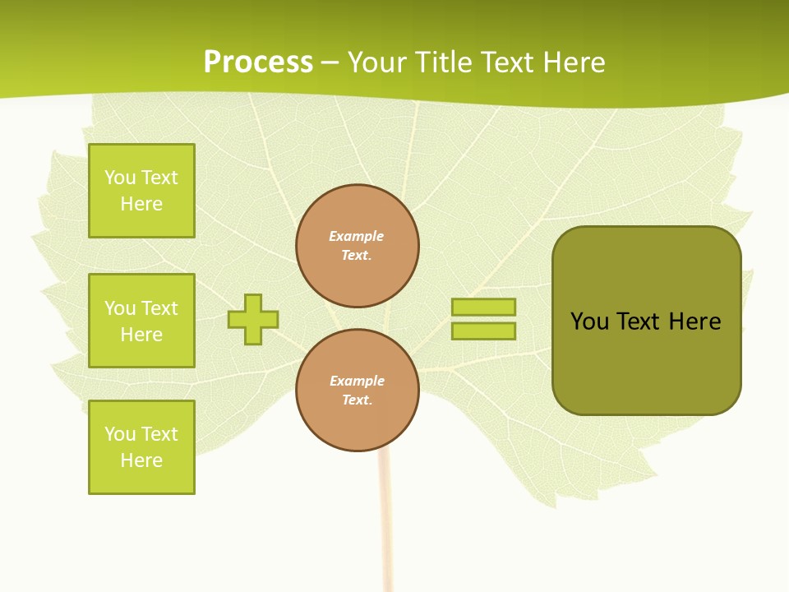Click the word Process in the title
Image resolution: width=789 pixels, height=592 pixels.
(x=258, y=62)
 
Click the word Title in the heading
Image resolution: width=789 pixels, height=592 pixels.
(x=446, y=62)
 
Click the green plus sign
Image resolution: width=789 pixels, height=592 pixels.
(x=253, y=319)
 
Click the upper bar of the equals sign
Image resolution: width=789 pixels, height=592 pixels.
(x=483, y=307)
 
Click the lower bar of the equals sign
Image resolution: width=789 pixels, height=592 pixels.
(x=483, y=331)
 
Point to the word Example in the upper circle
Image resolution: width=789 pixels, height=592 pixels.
(x=357, y=236)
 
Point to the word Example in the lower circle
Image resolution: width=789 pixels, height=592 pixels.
(x=357, y=381)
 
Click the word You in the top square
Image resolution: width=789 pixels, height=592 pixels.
(x=120, y=178)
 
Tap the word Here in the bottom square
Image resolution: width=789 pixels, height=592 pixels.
(x=141, y=460)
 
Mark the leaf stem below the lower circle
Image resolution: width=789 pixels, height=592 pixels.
(x=383, y=518)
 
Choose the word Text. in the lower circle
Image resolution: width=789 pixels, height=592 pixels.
(x=357, y=400)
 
